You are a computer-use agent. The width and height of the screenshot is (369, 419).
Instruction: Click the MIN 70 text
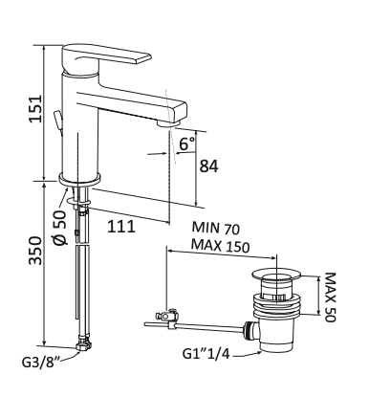tap(215, 229)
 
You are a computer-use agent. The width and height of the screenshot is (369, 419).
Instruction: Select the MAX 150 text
tap(220, 247)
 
